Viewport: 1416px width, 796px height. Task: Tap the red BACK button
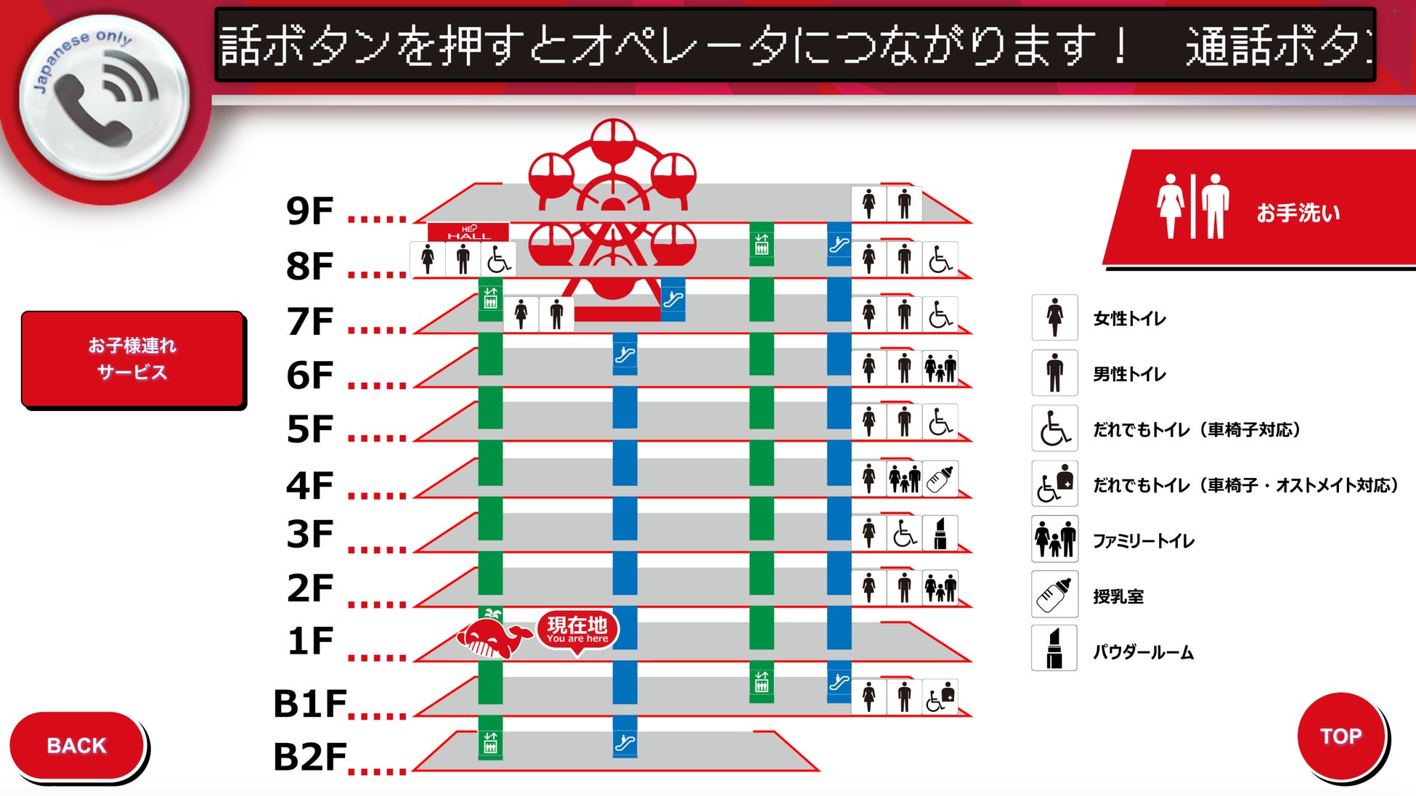(76, 745)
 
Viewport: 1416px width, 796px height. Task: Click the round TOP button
(1340, 736)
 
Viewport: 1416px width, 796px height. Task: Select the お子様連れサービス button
(132, 359)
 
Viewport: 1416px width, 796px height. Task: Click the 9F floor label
(310, 211)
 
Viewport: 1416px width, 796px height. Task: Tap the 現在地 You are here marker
(577, 630)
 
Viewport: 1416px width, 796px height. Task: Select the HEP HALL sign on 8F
(468, 232)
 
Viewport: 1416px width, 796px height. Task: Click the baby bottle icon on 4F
(940, 479)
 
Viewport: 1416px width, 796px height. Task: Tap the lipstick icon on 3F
(940, 534)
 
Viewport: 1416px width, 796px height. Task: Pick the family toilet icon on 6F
(940, 367)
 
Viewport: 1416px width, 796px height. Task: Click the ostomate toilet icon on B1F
(940, 697)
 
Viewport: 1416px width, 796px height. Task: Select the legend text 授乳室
(1118, 597)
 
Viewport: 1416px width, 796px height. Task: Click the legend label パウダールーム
(1143, 652)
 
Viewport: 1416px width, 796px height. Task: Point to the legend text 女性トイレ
(1129, 319)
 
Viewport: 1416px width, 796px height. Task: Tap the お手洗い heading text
(1298, 213)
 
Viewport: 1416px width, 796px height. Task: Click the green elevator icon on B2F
(490, 743)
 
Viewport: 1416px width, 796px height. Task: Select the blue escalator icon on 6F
(624, 355)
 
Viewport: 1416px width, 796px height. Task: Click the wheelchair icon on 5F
(940, 422)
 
